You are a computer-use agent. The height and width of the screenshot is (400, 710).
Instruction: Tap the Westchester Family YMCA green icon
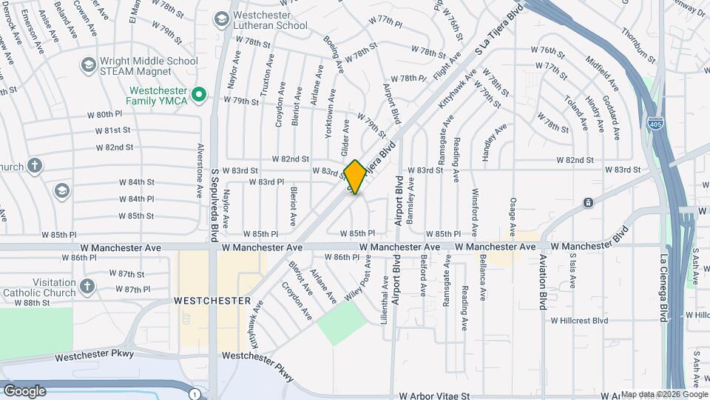tap(198, 94)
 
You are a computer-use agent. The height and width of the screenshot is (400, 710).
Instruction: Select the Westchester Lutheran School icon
tap(221, 18)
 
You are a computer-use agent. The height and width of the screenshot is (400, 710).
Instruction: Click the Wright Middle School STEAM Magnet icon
tap(88, 65)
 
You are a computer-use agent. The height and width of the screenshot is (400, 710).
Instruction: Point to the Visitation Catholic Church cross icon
tap(87, 286)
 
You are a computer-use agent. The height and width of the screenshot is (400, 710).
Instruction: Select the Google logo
tap(24, 390)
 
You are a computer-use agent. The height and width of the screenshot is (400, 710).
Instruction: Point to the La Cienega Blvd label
tap(663, 289)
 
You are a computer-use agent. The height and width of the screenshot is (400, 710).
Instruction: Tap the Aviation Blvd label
tap(542, 290)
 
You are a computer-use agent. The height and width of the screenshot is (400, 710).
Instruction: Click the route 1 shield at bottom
tap(194, 393)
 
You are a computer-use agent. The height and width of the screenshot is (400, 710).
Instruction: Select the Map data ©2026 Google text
tap(662, 394)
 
